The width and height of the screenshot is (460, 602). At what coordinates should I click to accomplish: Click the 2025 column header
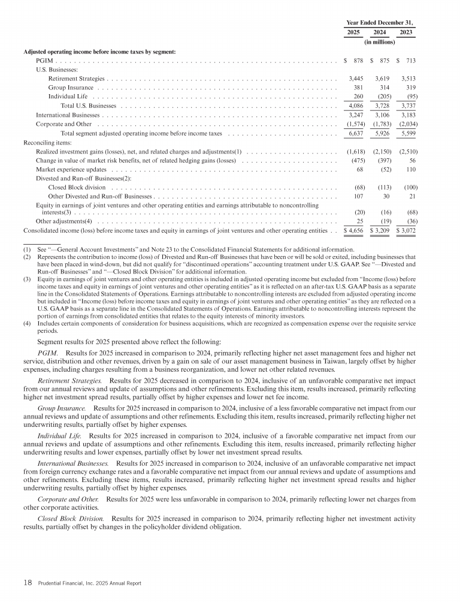pos(353,32)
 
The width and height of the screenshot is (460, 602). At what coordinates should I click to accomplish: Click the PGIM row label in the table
pos(45,61)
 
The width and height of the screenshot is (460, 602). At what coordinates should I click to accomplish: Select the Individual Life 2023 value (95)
pos(410,97)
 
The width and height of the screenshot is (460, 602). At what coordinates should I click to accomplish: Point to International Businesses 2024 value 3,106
pos(382,115)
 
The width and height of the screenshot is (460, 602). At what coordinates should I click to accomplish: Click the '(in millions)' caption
pos(380,43)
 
